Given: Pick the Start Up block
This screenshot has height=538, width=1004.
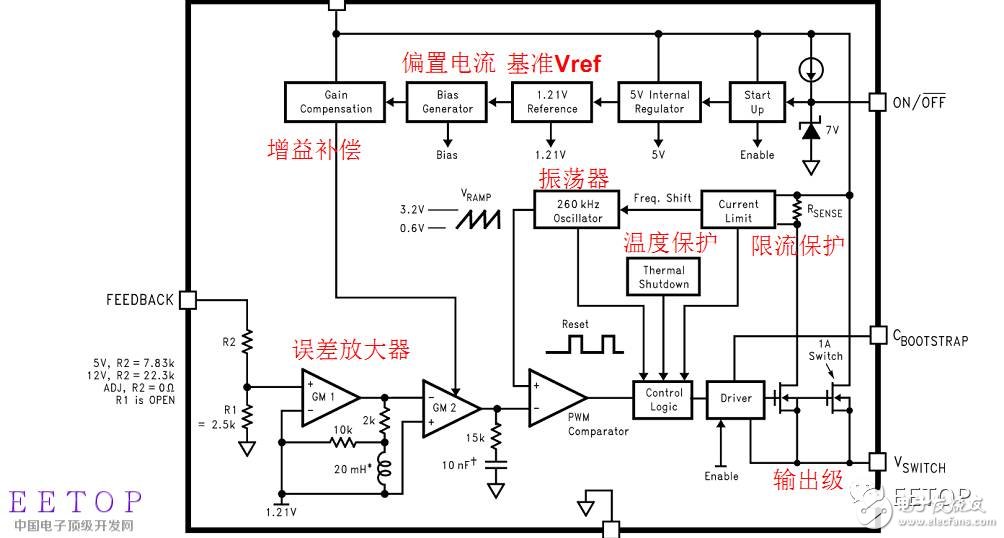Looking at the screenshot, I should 757,102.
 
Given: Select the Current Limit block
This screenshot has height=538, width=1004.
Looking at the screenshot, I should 738,211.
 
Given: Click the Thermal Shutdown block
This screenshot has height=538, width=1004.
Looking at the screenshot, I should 664,277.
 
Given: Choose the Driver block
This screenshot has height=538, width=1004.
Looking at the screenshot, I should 735,399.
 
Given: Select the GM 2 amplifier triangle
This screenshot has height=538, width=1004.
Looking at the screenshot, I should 448,408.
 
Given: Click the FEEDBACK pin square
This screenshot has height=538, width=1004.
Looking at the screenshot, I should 187,299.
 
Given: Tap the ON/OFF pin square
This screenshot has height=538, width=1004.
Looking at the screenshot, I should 876,101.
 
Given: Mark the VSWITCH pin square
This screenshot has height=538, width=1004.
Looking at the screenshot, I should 876,461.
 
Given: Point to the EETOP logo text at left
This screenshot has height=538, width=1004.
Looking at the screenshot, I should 76,501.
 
